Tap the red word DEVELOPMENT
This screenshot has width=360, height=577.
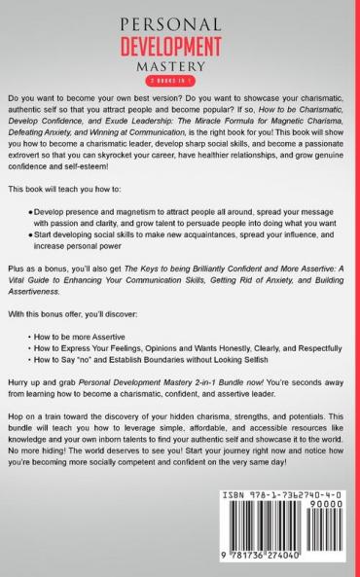click(x=180, y=44)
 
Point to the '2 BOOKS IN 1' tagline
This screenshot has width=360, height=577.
click(x=180, y=81)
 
